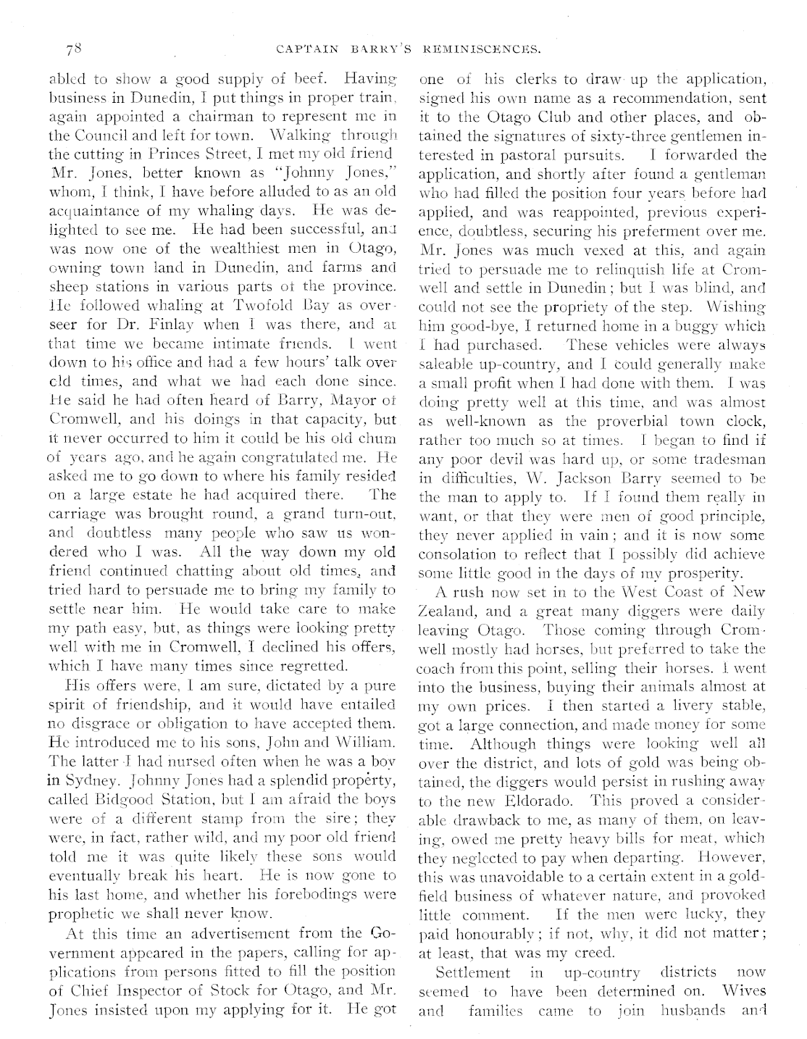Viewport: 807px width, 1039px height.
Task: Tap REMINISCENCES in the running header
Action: click(x=482, y=50)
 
